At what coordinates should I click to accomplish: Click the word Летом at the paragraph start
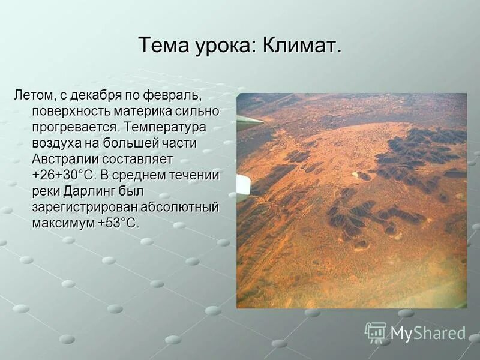coord(33,95)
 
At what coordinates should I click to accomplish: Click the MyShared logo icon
coord(376,332)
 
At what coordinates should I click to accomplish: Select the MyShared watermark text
coord(428,333)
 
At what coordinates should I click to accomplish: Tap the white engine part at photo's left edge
coord(243,187)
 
